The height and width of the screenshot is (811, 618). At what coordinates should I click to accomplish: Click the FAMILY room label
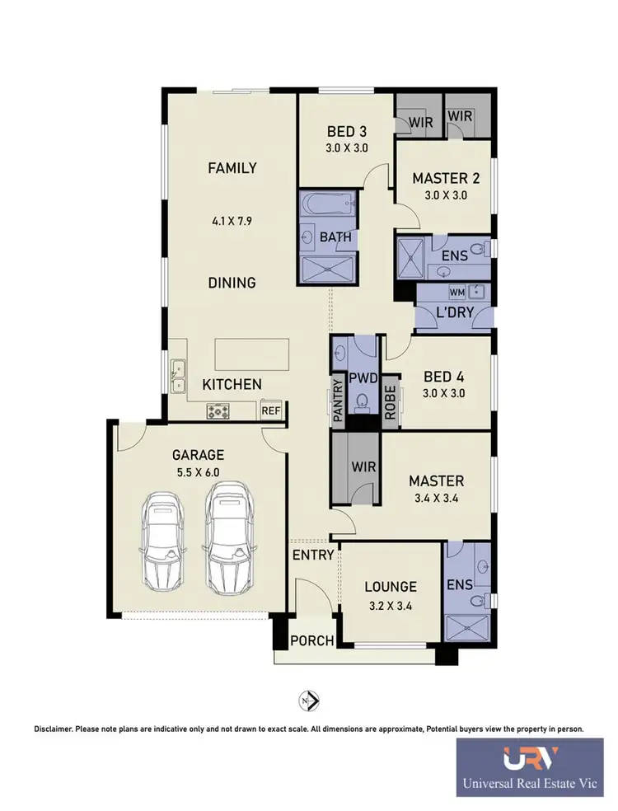(x=232, y=168)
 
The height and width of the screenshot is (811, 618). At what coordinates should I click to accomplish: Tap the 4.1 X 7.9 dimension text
(x=232, y=221)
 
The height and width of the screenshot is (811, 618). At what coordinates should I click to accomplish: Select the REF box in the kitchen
(x=270, y=410)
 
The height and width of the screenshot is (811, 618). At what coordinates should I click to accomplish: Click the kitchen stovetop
(x=219, y=410)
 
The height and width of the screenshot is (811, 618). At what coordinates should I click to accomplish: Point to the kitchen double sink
(x=178, y=376)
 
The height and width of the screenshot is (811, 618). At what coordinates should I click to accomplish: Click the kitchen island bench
(x=249, y=355)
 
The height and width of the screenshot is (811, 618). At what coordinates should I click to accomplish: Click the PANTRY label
(x=338, y=401)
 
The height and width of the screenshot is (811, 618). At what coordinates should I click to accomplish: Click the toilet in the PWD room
(x=362, y=402)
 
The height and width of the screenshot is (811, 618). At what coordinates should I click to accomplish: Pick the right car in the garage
(x=227, y=537)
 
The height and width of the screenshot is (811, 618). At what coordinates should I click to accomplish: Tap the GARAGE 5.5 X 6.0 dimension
(x=198, y=473)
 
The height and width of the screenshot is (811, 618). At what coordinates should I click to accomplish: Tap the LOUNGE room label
(x=391, y=587)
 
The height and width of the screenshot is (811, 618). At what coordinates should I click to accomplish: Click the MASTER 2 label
(x=446, y=178)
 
